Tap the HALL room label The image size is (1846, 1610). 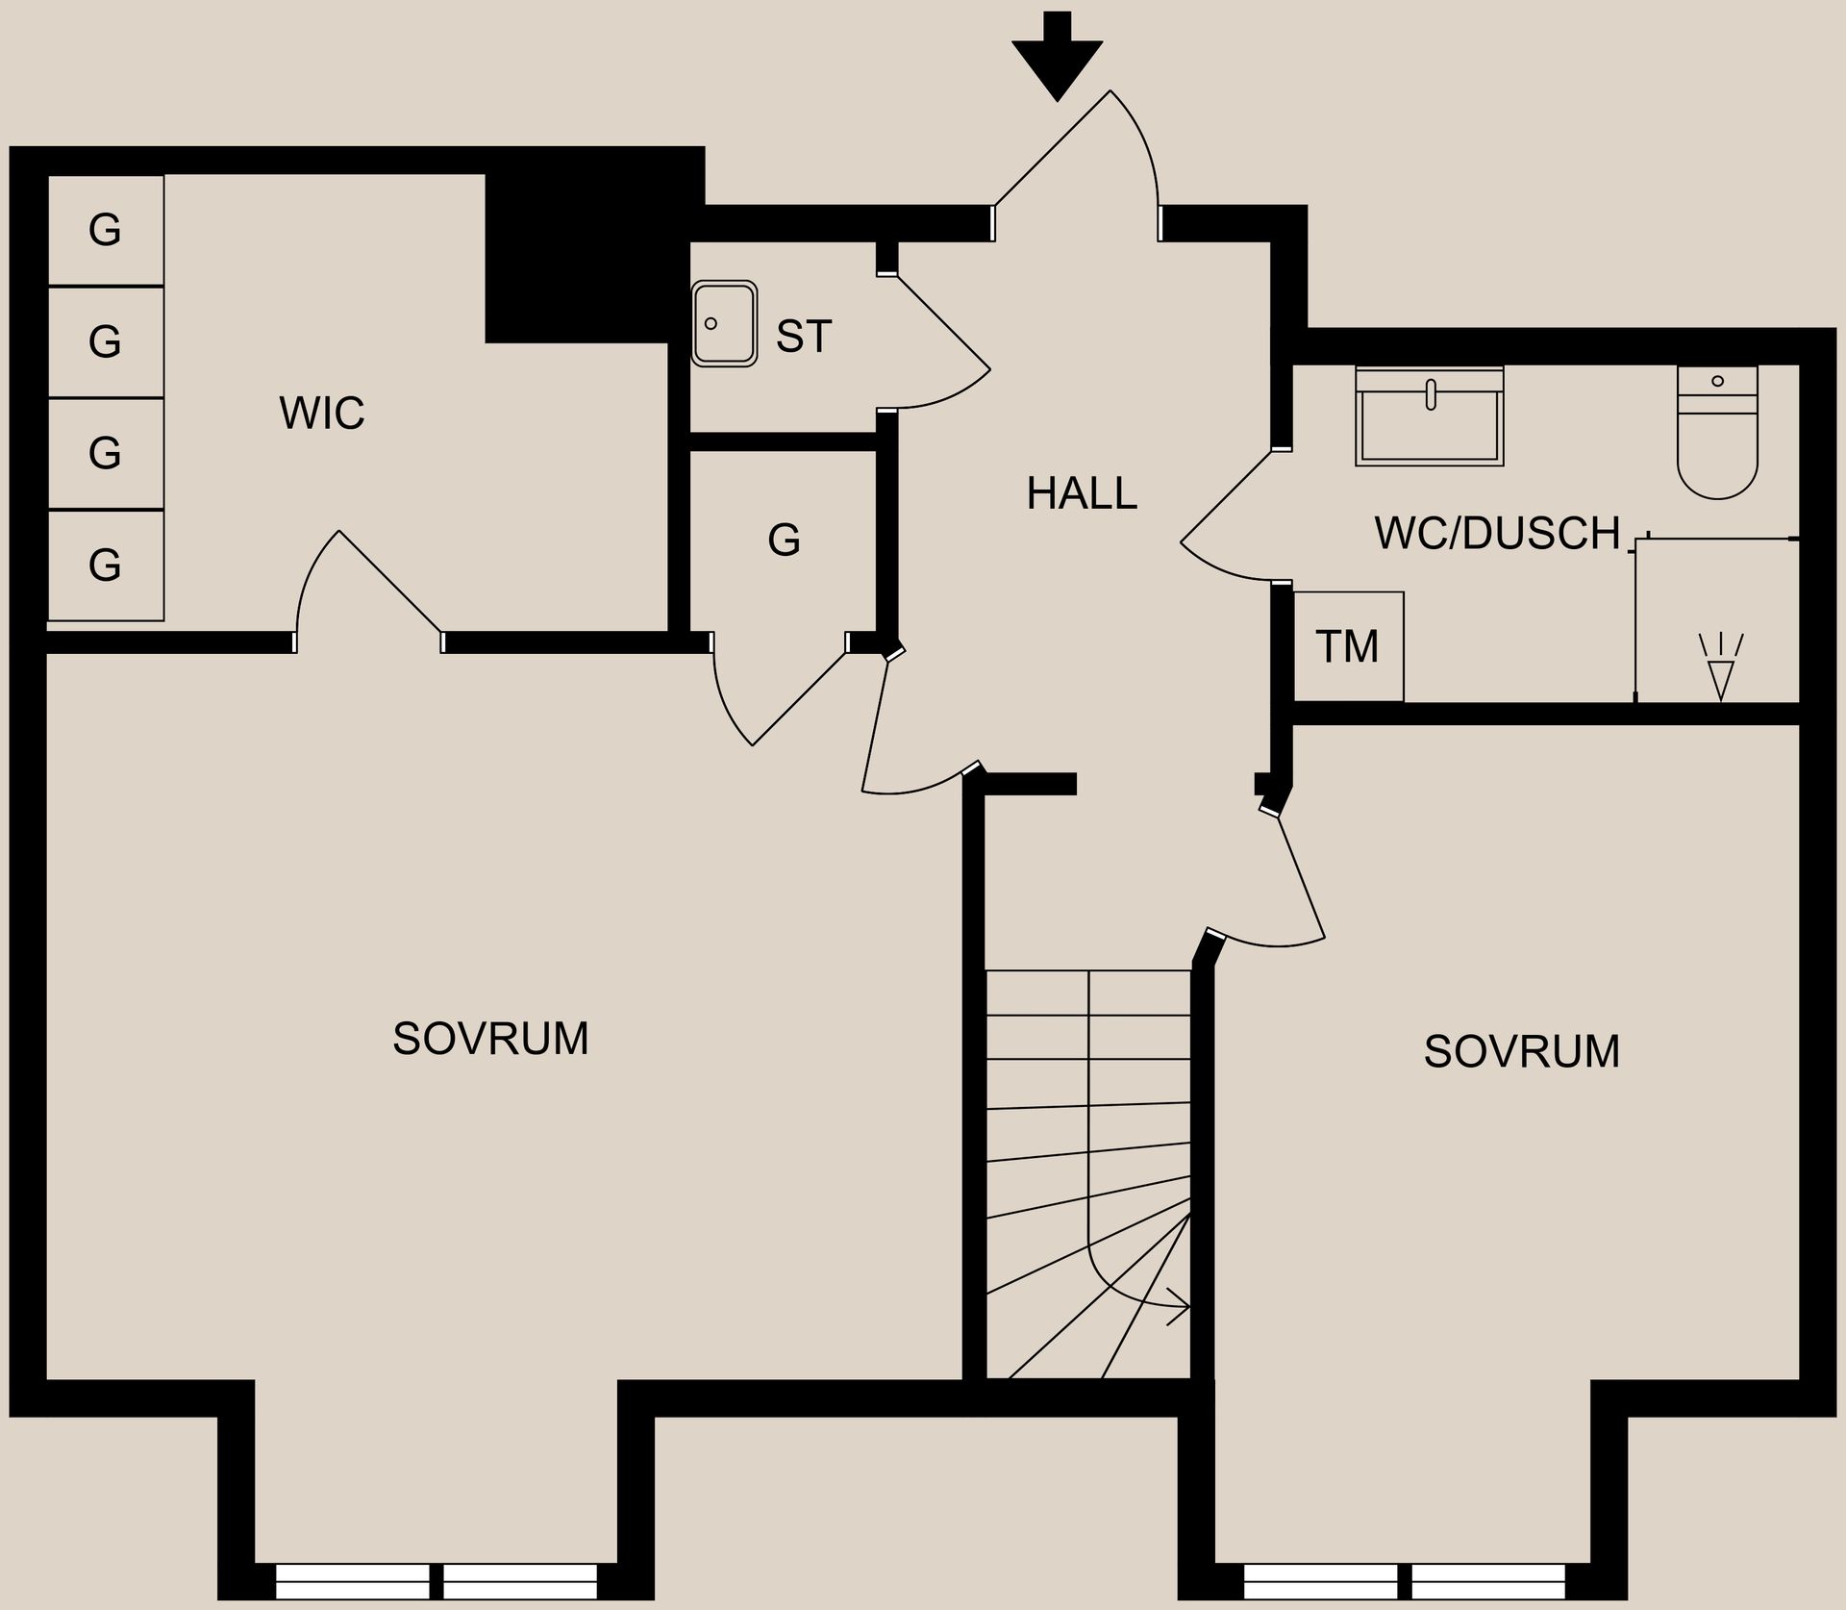click(x=1082, y=493)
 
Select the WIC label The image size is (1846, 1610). click(x=322, y=414)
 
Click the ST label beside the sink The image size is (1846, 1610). click(x=803, y=337)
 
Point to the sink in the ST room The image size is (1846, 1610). click(x=724, y=324)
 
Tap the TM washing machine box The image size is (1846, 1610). click(x=1348, y=646)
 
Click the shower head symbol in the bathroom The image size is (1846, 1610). click(x=1720, y=666)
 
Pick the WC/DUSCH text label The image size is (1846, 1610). click(x=1497, y=534)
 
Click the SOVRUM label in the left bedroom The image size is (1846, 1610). click(x=490, y=1039)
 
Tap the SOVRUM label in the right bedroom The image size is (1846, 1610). click(x=1522, y=1051)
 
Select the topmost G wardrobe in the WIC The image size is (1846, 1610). click(x=105, y=230)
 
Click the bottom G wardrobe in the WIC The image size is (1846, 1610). click(x=105, y=565)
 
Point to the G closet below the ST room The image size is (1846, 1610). click(x=784, y=541)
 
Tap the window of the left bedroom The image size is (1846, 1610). click(x=437, y=1580)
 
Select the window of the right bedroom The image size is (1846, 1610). click(x=1405, y=1580)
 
